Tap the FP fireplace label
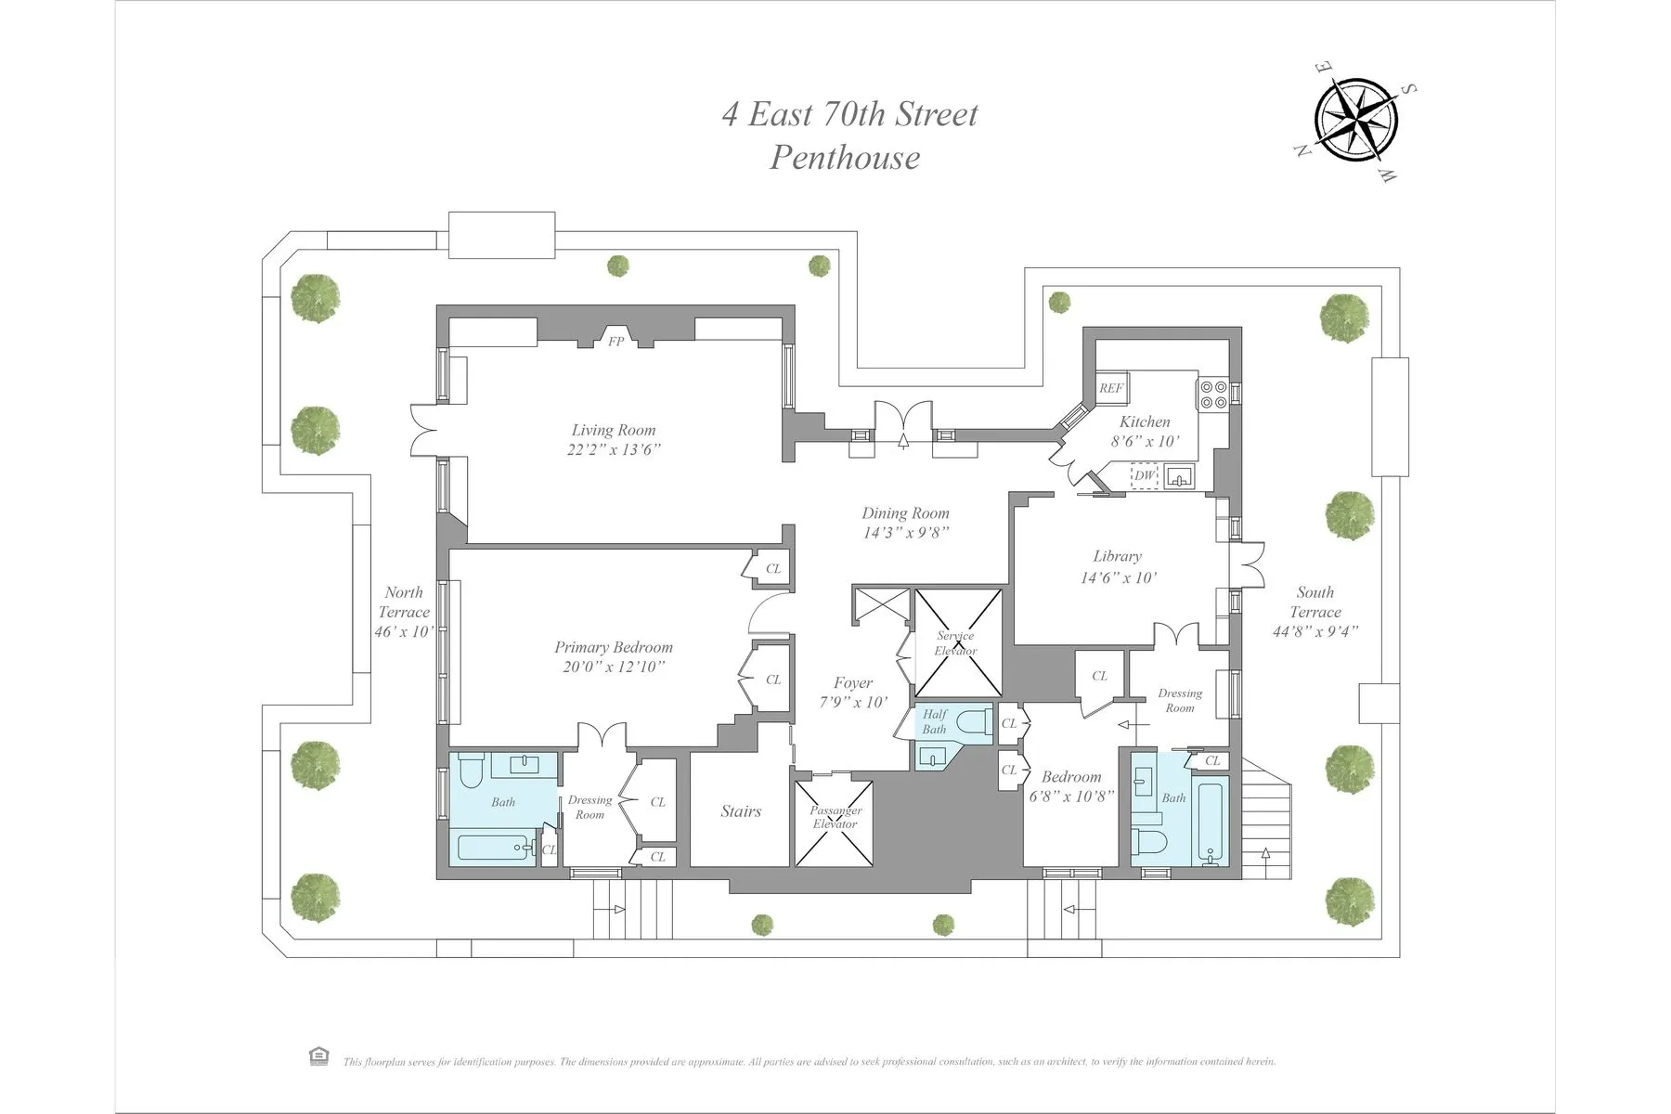(x=615, y=342)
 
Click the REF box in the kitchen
(x=1111, y=389)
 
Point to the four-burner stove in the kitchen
(x=1212, y=395)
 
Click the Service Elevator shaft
(x=958, y=642)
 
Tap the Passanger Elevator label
(x=835, y=817)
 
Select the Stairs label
(x=741, y=811)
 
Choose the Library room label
(x=1117, y=556)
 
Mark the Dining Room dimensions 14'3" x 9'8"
(x=905, y=533)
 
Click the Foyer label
(x=852, y=683)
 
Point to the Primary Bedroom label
(x=614, y=647)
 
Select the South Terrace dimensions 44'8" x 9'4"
(x=1315, y=632)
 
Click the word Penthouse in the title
(x=845, y=157)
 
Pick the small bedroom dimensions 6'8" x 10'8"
(x=1071, y=796)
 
